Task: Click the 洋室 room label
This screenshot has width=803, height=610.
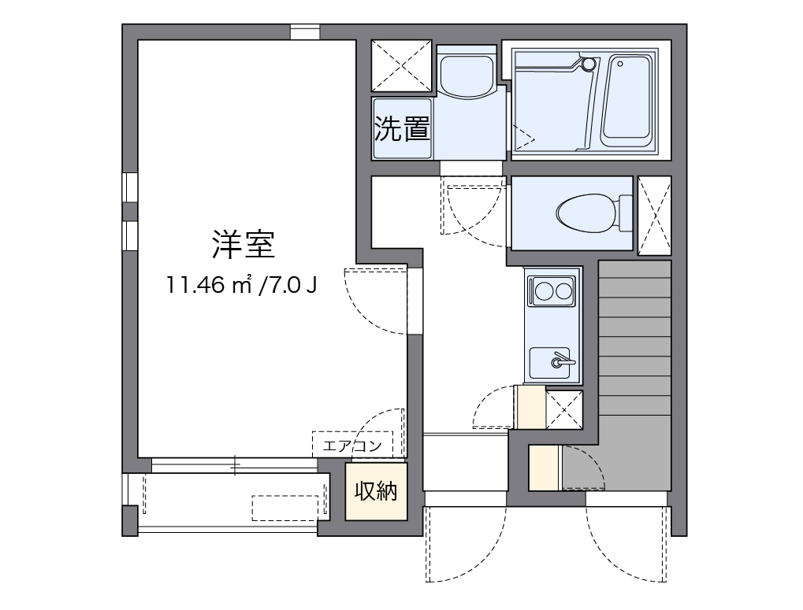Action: pos(243,246)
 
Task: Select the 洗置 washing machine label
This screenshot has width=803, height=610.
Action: pos(401,128)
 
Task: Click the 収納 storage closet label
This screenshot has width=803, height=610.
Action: pos(376,491)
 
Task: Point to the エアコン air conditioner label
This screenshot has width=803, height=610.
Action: pos(352,445)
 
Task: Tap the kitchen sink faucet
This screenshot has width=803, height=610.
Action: pos(560,360)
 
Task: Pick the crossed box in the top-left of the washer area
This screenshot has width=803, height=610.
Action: pos(402,65)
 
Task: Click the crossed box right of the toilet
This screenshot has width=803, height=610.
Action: pos(654,215)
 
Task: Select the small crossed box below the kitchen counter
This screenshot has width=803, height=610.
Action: pos(564,408)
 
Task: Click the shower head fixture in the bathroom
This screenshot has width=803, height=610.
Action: pos(587,64)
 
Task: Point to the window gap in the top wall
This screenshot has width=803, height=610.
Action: pos(305,32)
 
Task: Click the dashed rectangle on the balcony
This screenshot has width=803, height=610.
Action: pos(288,508)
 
